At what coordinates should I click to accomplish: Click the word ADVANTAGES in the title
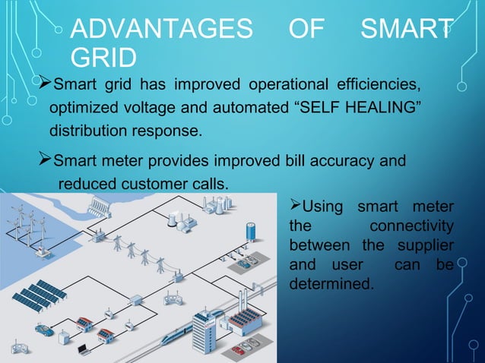[x=160, y=31]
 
